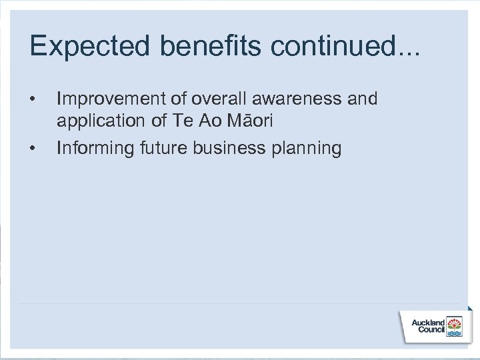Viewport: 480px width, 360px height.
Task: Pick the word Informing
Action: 95,147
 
